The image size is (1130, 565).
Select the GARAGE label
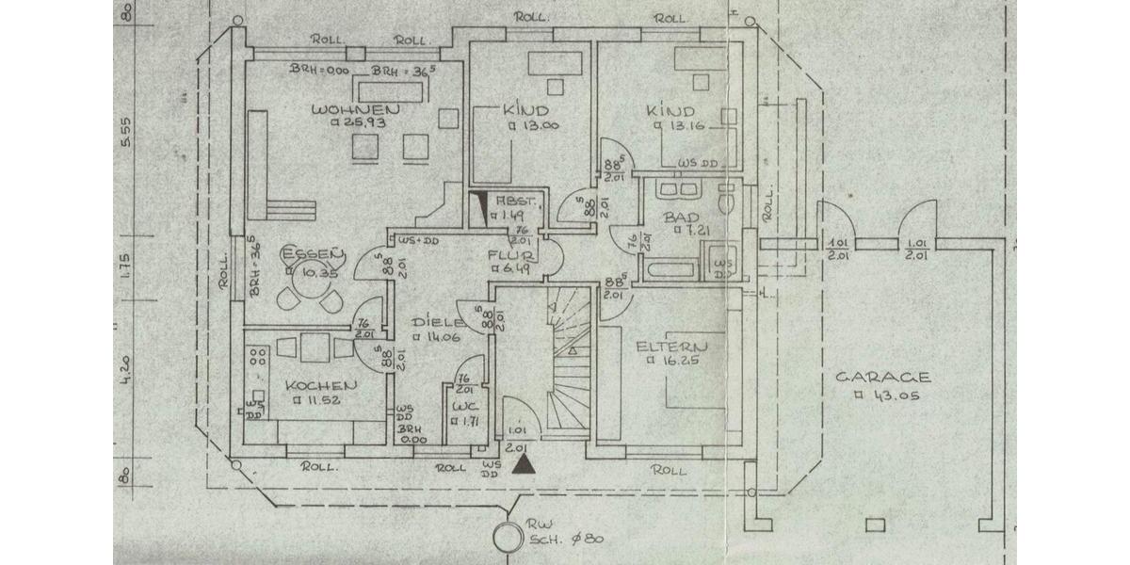coord(883,378)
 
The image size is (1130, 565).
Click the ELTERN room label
coord(670,346)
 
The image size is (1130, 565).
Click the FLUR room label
coord(512,254)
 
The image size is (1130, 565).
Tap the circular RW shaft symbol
coord(509,537)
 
